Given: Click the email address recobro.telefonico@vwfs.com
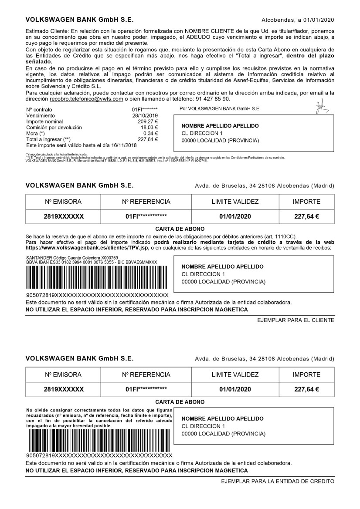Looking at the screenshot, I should [86, 99].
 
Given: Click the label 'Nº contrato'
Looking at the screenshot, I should [39, 110].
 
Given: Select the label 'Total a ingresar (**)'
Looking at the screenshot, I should [48, 139].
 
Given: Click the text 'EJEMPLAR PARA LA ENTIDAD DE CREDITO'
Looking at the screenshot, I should [278, 482].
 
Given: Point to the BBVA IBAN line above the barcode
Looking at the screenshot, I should [92, 262].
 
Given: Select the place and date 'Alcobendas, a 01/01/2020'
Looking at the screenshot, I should [298, 20].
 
